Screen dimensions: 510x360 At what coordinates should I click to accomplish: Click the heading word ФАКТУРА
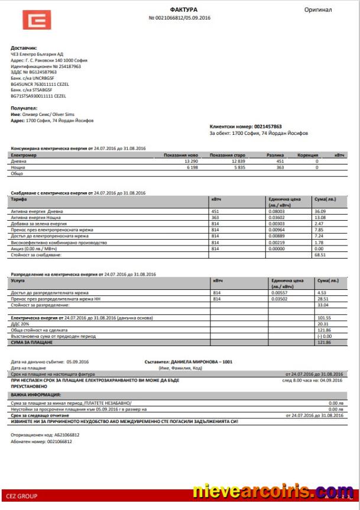point(183,10)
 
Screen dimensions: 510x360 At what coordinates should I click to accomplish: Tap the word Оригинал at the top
point(318,10)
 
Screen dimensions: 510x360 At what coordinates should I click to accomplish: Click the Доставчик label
point(24,48)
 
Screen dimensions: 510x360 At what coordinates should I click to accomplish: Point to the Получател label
point(24,109)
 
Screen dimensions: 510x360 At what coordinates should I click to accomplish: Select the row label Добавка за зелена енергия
point(38,224)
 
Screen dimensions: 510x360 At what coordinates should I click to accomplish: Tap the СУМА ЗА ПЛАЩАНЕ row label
point(31,342)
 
